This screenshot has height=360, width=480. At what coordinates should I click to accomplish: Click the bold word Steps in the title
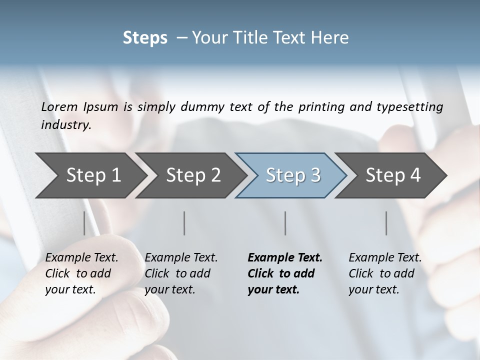tap(145, 38)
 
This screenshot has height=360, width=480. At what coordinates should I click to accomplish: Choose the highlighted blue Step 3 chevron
tap(292, 175)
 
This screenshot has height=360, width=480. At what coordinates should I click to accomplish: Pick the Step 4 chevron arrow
tap(393, 175)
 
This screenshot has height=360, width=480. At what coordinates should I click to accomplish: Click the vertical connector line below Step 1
tap(84, 223)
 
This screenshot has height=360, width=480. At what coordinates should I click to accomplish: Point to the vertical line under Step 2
tap(184, 223)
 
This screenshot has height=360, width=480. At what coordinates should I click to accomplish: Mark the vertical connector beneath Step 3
tap(285, 223)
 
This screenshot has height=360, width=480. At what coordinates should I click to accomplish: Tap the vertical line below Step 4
tap(386, 223)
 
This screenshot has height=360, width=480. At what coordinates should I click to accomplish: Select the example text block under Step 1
tap(81, 273)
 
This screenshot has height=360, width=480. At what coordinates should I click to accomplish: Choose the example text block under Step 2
tap(181, 273)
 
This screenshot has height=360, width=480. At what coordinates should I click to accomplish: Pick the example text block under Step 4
tap(385, 273)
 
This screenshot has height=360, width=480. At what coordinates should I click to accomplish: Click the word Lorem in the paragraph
tap(59, 106)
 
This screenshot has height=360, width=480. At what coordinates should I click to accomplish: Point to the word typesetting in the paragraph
tap(413, 106)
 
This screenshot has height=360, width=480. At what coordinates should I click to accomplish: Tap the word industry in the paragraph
tap(65, 125)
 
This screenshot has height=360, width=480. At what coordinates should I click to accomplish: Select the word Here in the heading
tap(331, 38)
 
